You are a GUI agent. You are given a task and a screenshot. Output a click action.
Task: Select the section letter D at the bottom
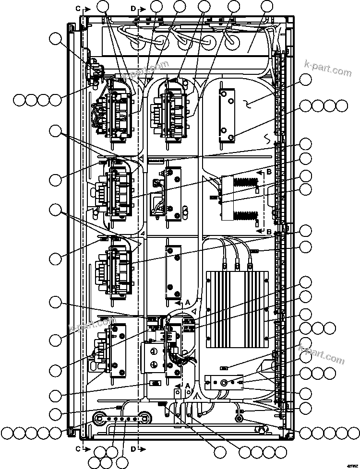click(x=133, y=449)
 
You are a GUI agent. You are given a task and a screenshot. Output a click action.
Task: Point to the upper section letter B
click(x=269, y=171)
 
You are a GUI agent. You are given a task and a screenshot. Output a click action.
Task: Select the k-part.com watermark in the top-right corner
click(x=328, y=68)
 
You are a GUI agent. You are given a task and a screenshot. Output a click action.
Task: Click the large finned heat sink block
click(x=237, y=308)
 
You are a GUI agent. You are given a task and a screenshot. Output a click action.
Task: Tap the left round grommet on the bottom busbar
click(x=100, y=416)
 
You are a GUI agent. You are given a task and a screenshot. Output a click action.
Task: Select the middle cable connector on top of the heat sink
click(x=237, y=263)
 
